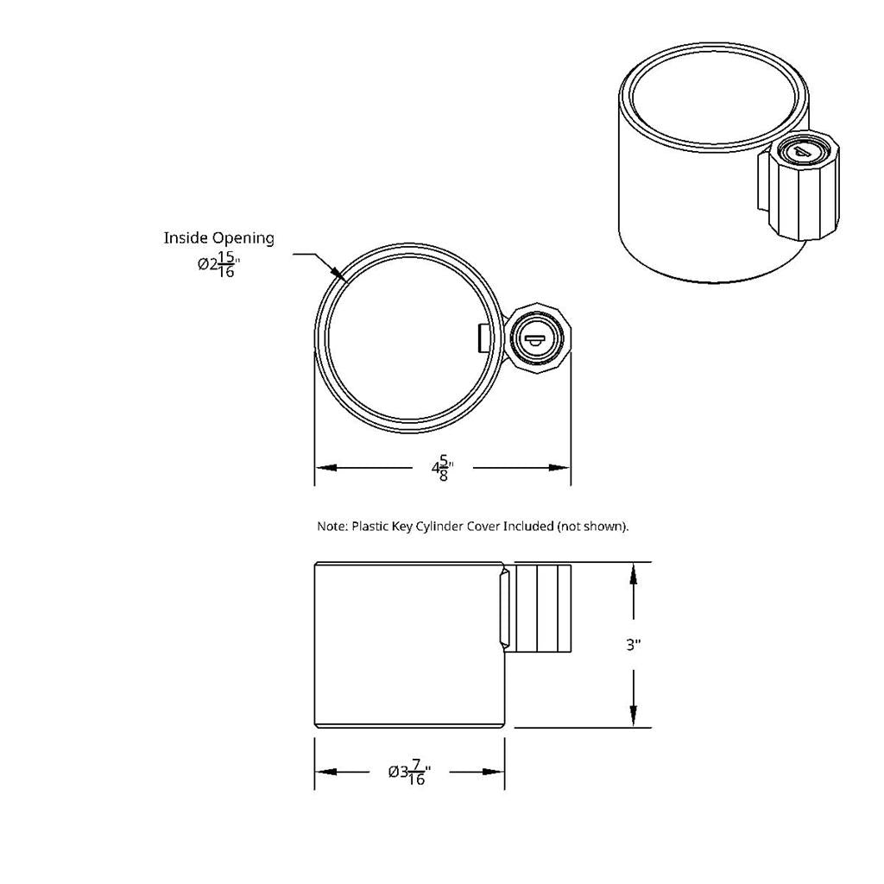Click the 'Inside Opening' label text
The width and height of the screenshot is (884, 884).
pyautogui.click(x=219, y=237)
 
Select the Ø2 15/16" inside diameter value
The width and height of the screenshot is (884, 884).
pyautogui.click(x=218, y=265)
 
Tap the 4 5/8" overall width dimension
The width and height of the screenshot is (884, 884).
pyautogui.click(x=442, y=469)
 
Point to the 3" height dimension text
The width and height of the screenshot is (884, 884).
pyautogui.click(x=634, y=644)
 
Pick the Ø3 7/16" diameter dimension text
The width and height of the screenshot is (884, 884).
pyautogui.click(x=409, y=772)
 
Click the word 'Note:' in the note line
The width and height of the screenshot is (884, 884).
pyautogui.click(x=332, y=526)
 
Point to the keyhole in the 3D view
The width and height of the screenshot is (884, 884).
pyautogui.click(x=802, y=152)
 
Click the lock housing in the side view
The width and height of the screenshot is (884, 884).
pyautogui.click(x=542, y=607)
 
